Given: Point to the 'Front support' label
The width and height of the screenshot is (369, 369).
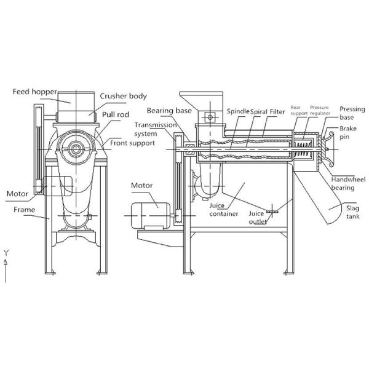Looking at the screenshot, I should pyautogui.click(x=132, y=143).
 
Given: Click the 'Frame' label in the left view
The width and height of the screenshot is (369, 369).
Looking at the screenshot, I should pyautogui.click(x=21, y=208).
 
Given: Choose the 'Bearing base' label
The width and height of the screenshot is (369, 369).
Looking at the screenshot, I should pyautogui.click(x=167, y=111).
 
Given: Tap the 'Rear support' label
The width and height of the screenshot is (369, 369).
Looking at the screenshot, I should pyautogui.click(x=300, y=109).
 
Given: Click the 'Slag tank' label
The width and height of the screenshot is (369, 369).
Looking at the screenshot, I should pyautogui.click(x=351, y=212).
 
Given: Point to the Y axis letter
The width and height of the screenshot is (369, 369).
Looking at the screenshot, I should pyautogui.click(x=5, y=253).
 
